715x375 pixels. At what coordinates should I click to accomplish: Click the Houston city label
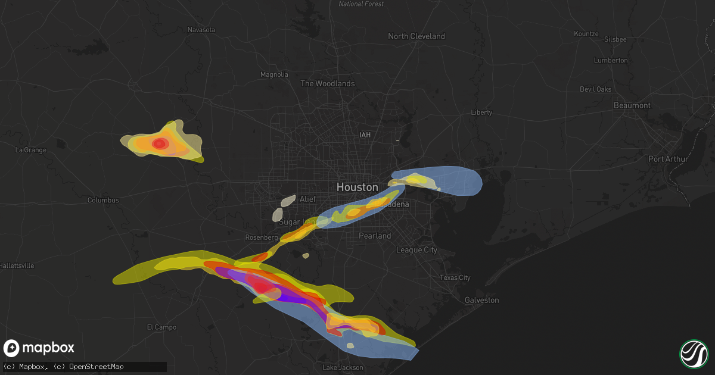click(357, 187)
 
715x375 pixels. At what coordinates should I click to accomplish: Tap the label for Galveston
click(481, 300)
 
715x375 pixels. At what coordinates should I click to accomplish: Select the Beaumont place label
click(632, 105)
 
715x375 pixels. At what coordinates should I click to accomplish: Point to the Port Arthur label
click(668, 159)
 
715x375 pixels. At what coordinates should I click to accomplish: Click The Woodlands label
click(327, 83)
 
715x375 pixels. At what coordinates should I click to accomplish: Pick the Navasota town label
click(201, 30)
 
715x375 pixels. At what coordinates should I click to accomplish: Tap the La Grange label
click(30, 150)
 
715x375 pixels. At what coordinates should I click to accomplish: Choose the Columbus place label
click(102, 200)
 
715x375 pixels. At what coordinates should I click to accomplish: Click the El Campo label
click(161, 327)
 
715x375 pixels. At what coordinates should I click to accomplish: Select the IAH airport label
click(365, 135)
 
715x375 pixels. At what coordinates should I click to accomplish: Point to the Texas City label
click(455, 278)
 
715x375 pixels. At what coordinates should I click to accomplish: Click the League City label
click(416, 250)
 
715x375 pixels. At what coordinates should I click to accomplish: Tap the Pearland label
click(375, 236)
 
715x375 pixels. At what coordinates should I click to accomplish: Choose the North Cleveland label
click(416, 36)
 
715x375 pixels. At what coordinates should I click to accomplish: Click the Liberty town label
click(481, 112)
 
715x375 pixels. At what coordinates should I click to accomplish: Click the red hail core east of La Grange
click(160, 143)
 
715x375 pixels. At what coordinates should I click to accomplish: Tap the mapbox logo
click(39, 348)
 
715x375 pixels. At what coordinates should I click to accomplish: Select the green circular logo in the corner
click(693, 353)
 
